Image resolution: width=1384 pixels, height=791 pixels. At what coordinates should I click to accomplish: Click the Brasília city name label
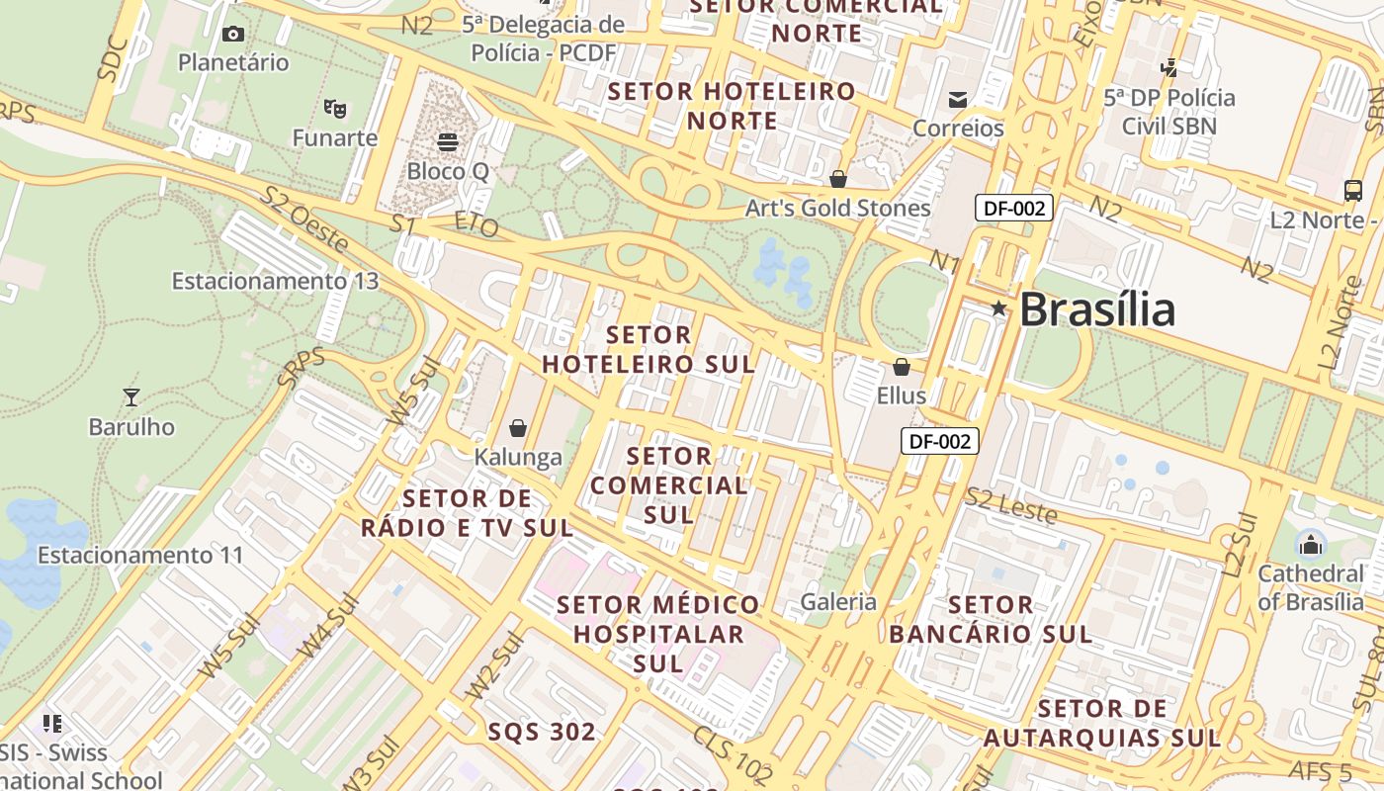point(1096,309)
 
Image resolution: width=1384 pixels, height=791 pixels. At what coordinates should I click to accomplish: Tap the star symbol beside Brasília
point(998,308)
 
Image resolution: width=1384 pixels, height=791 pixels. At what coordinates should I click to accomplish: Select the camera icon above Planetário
point(233,35)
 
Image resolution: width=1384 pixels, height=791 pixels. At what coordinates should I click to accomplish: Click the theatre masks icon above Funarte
point(334,108)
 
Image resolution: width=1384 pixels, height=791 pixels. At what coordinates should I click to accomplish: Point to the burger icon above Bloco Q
point(448,142)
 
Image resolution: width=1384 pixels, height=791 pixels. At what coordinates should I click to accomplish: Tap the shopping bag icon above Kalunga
point(517,428)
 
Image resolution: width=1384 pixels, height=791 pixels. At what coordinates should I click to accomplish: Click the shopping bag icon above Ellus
point(901,368)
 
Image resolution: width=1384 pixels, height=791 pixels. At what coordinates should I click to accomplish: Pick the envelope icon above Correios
point(957,99)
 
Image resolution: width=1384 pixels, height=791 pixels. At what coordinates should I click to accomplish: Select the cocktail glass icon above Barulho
point(130,397)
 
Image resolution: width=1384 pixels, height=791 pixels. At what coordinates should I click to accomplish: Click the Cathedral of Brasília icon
point(1311,544)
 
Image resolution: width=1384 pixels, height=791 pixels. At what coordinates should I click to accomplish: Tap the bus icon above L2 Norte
point(1353,191)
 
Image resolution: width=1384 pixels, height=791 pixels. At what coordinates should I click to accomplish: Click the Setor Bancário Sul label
point(991,619)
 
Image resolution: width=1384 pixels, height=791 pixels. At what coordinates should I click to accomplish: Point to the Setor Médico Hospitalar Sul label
point(657,634)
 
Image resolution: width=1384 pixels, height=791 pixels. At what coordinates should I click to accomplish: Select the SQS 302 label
point(542,732)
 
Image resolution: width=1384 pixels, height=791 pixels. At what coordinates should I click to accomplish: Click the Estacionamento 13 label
point(275,281)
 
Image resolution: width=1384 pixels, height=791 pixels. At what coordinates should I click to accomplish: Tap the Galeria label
point(838,601)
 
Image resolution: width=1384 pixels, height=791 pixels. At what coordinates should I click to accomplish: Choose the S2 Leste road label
point(1011,505)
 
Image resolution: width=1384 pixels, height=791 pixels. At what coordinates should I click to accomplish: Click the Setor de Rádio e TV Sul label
point(467,512)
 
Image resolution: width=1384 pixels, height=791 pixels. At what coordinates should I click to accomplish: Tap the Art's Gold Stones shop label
point(837,208)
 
